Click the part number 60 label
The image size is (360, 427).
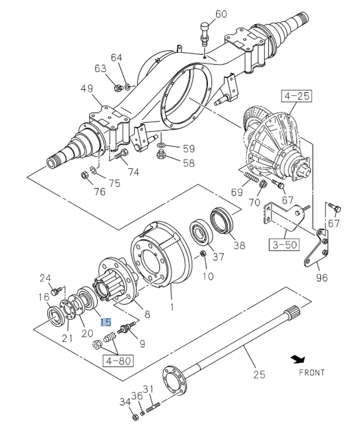tap(221, 14)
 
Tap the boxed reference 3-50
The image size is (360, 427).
tap(283, 244)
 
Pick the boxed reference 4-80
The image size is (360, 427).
tap(118, 360)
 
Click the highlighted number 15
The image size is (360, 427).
tap(106, 322)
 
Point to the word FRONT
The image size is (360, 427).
tap(311, 372)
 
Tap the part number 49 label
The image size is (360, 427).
tap(87, 89)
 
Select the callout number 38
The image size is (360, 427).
tap(239, 245)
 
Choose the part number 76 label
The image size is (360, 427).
tap(99, 191)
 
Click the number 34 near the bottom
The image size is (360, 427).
tap(125, 402)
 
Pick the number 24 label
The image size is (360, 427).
tap(45, 278)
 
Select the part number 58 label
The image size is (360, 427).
tap(188, 163)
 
